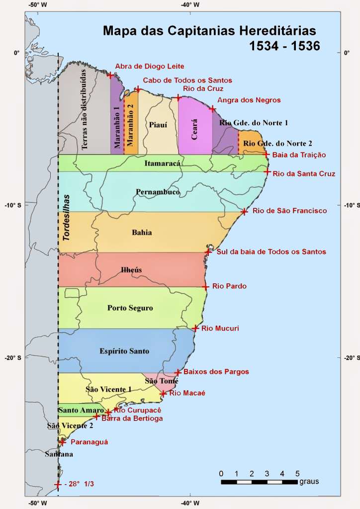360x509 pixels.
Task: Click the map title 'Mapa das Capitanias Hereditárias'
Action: pyautogui.click(x=209, y=31)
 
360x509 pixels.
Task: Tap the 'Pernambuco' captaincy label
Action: pyautogui.click(x=158, y=192)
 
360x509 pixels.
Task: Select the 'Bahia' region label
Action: pyautogui.click(x=142, y=233)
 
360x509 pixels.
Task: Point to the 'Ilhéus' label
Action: pyautogui.click(x=131, y=270)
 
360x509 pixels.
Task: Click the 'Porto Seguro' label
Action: pyautogui.click(x=130, y=308)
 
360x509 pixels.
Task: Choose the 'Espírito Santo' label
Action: pyautogui.click(x=124, y=351)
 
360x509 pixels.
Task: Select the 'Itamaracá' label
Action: pyautogui.click(x=162, y=163)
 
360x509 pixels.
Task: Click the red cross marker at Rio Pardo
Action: pyautogui.click(x=205, y=287)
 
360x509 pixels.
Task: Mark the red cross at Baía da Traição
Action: pyautogui.click(x=266, y=155)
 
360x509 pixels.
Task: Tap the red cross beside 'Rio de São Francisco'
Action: pyautogui.click(x=244, y=212)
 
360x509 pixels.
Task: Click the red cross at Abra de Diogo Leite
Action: pyautogui.click(x=110, y=75)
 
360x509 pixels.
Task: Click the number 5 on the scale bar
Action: pyautogui.click(x=297, y=473)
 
